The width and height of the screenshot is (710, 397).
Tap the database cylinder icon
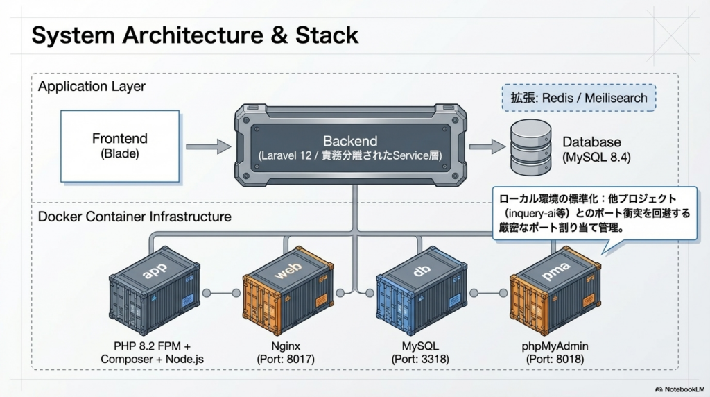530,146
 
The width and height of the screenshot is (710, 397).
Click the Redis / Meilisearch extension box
578,97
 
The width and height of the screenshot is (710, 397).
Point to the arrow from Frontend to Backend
208,146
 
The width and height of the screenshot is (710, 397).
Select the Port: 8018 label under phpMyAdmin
554,359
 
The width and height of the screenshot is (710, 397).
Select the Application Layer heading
92,87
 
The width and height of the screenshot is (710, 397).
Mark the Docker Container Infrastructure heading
135,217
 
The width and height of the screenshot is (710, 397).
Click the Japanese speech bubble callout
594,214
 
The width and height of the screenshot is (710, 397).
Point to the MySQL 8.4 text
596,158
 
